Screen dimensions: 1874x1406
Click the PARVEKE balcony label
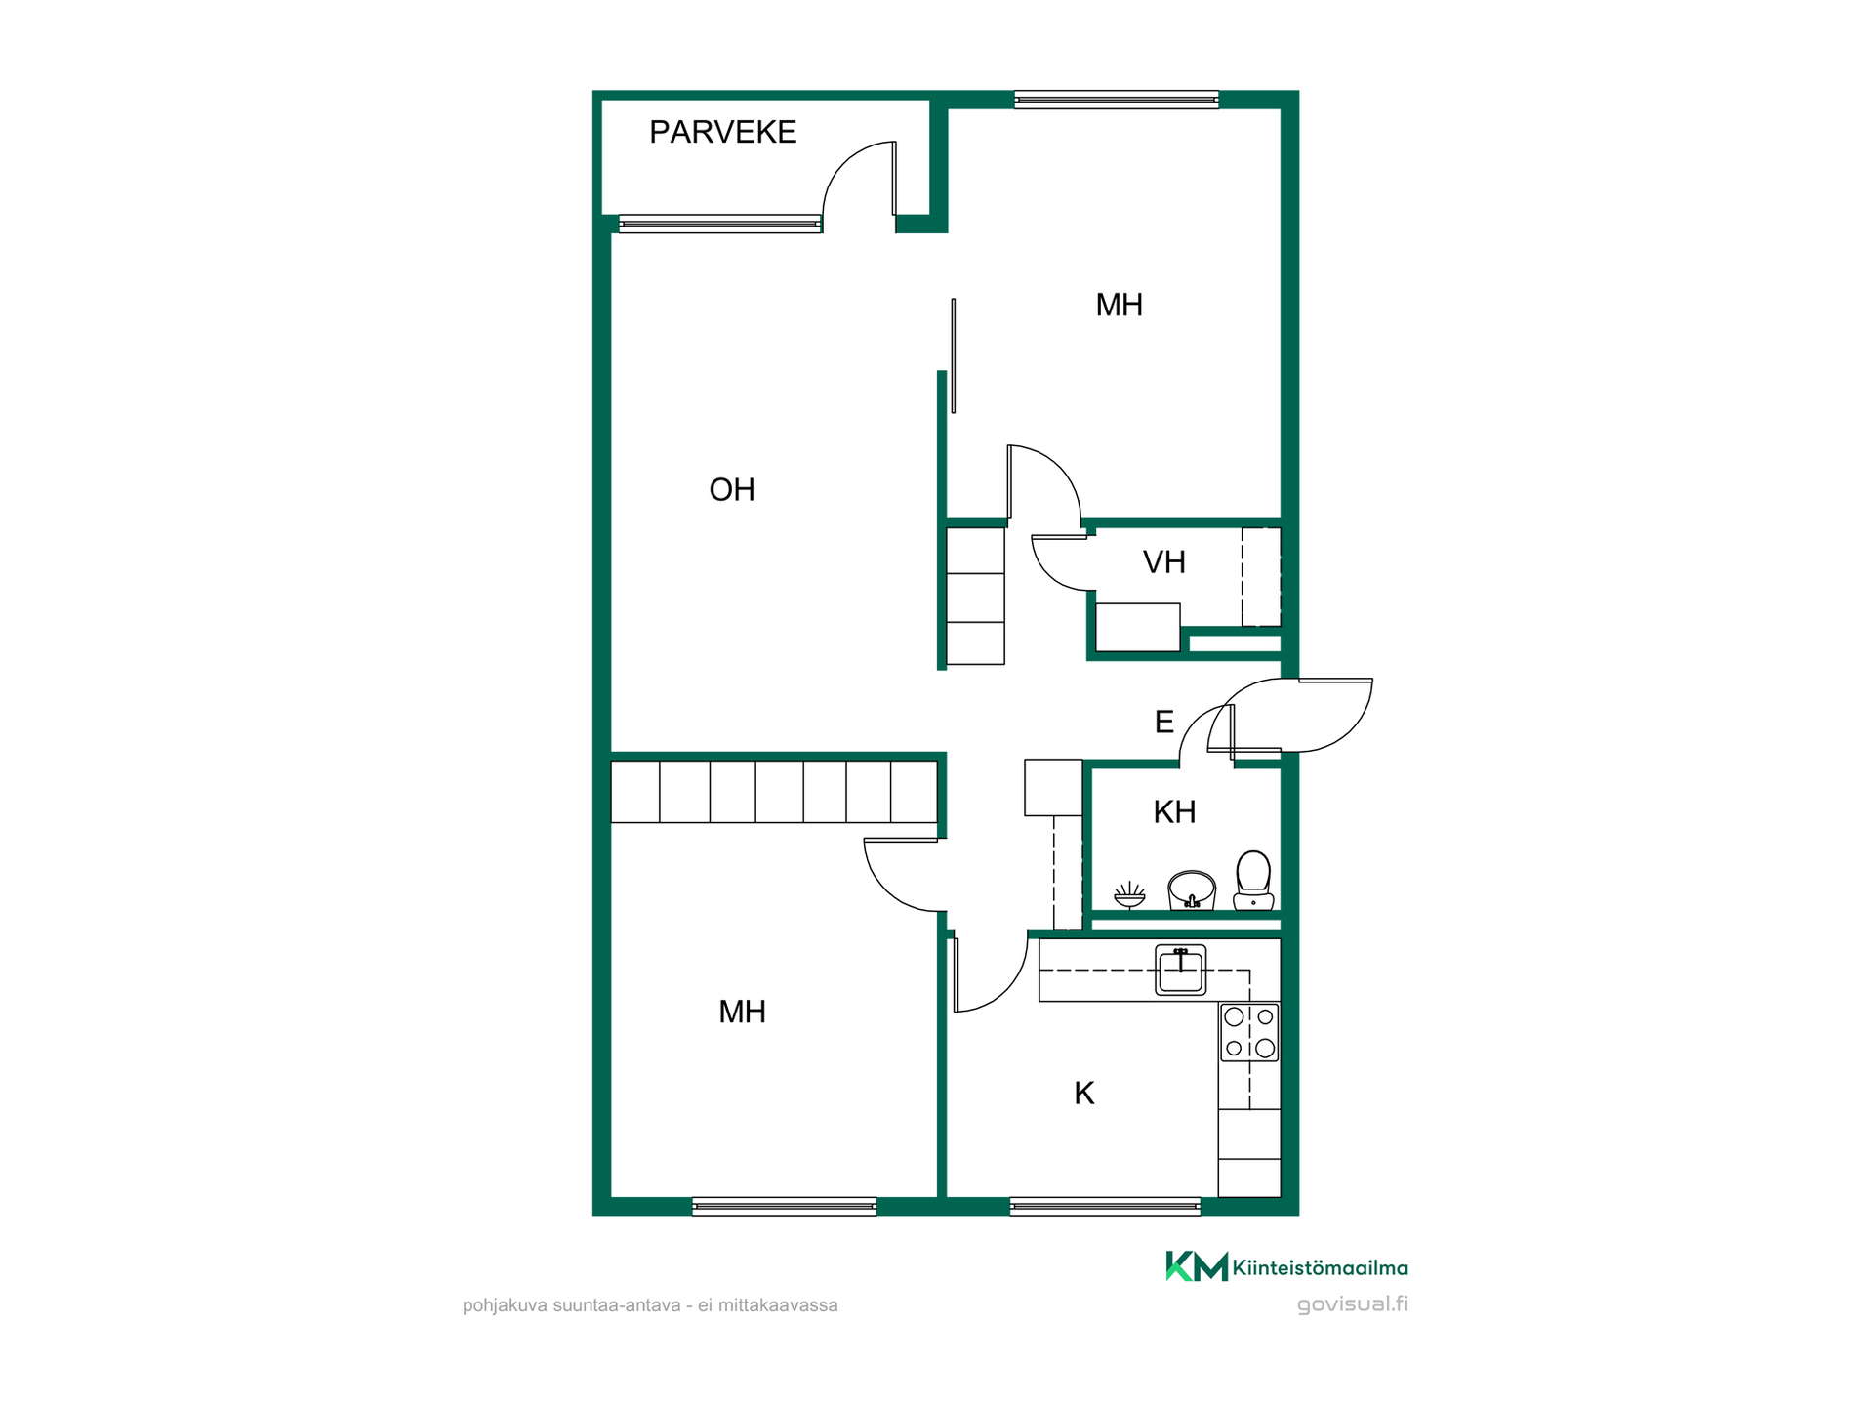point(722,132)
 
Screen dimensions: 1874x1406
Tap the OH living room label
point(732,489)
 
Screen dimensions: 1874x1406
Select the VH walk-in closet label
point(1164,562)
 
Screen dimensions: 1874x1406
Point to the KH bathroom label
point(1174,811)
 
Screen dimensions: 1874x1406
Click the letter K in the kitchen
point(1084,1094)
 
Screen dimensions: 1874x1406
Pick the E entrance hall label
point(1164,722)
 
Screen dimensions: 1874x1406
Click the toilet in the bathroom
point(1253,881)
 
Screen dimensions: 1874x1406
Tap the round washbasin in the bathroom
point(1192,889)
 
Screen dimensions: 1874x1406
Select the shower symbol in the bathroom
point(1129,894)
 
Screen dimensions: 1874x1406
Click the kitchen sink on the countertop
point(1181,970)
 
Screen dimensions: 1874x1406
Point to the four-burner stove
point(1249,1032)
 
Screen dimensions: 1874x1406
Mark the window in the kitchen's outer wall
point(1105,1207)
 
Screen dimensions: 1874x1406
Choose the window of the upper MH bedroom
point(1117,100)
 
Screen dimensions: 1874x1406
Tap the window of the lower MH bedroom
point(784,1207)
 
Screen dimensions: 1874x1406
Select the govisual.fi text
point(1352,1304)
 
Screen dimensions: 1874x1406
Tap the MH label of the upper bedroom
point(1119,305)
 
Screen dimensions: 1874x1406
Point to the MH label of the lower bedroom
point(742,1012)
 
